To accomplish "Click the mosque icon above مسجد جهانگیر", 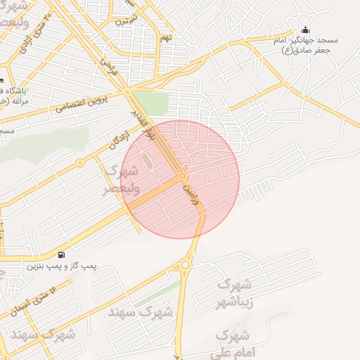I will point(305,30).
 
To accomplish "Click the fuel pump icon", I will point(63,255).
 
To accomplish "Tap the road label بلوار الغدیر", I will point(140,120).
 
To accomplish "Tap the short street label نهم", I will point(166,37).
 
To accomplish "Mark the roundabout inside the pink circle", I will point(183,175).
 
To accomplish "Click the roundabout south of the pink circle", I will point(186,265).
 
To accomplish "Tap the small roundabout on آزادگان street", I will point(80,162).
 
